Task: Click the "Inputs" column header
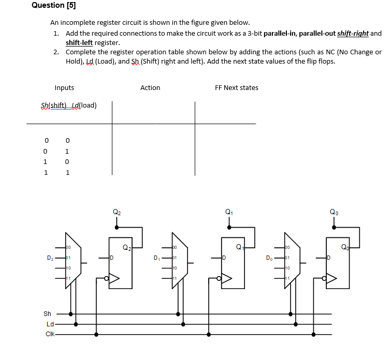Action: click(x=64, y=88)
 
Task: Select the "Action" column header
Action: click(x=150, y=88)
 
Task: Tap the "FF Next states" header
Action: click(x=236, y=88)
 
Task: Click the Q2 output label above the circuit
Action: click(x=117, y=212)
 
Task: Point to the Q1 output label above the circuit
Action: click(x=229, y=212)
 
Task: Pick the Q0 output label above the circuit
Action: click(x=335, y=212)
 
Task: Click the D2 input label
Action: click(x=50, y=257)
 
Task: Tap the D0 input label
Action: click(x=269, y=257)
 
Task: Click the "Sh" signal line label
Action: click(x=47, y=313)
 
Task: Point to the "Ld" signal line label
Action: click(x=50, y=324)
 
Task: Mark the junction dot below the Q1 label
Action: click(x=229, y=226)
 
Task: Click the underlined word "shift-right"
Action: click(x=353, y=34)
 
